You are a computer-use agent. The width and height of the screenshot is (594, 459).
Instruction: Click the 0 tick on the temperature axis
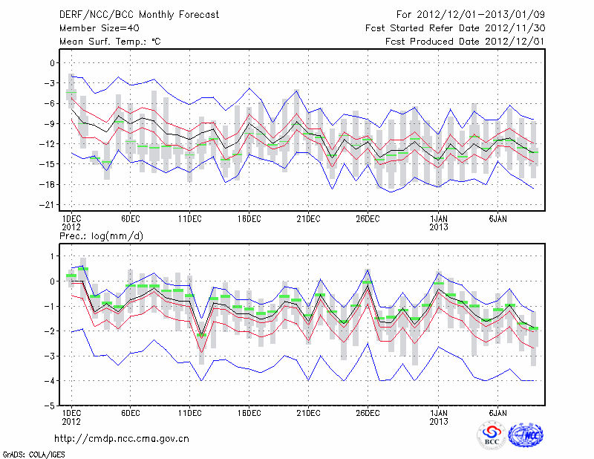coord(51,63)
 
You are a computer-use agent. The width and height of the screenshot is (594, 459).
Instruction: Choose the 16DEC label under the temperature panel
coord(249,218)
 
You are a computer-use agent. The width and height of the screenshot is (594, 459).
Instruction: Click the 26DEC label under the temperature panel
coord(368,218)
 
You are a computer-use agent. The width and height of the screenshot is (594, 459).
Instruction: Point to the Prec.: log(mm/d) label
coord(101,235)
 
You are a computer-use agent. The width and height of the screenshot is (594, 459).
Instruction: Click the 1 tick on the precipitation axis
coord(51,256)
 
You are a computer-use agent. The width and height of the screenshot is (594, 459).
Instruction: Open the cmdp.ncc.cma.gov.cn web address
coord(122,438)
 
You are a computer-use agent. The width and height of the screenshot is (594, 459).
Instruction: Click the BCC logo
coord(491,436)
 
